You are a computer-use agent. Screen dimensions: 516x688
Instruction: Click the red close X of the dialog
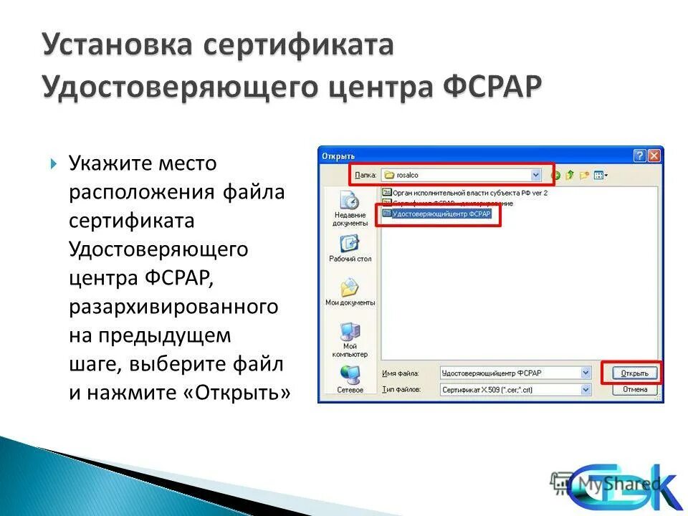pos(654,155)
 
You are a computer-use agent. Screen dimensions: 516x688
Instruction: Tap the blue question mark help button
pos(640,155)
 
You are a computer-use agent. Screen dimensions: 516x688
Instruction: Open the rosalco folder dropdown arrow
pos(535,174)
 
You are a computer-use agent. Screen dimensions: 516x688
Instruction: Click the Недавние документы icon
pos(350,201)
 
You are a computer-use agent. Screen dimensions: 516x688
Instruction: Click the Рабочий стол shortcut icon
pos(350,244)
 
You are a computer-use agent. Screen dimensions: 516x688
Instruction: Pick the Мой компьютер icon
pos(350,332)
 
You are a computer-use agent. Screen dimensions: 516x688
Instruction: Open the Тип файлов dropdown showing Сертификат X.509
pos(586,389)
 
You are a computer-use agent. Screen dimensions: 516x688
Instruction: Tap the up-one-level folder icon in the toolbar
pos(570,174)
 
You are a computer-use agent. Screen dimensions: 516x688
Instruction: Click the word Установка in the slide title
pos(118,44)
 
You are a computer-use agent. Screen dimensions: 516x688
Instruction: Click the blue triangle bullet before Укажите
pos(54,164)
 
